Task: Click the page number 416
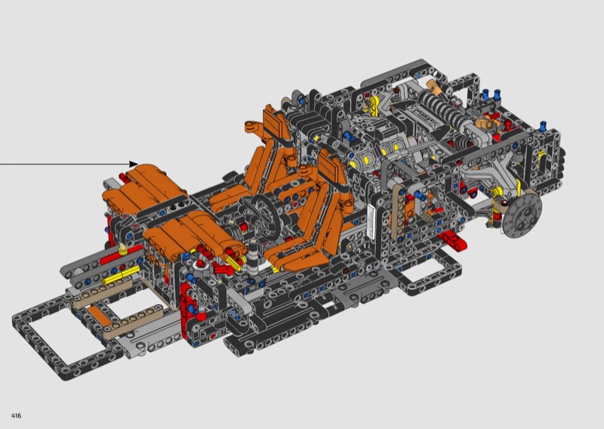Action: (x=16, y=415)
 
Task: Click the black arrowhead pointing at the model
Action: (x=134, y=164)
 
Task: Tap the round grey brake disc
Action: (x=522, y=215)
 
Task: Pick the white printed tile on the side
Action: (x=371, y=222)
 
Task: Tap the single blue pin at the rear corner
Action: (x=543, y=125)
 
